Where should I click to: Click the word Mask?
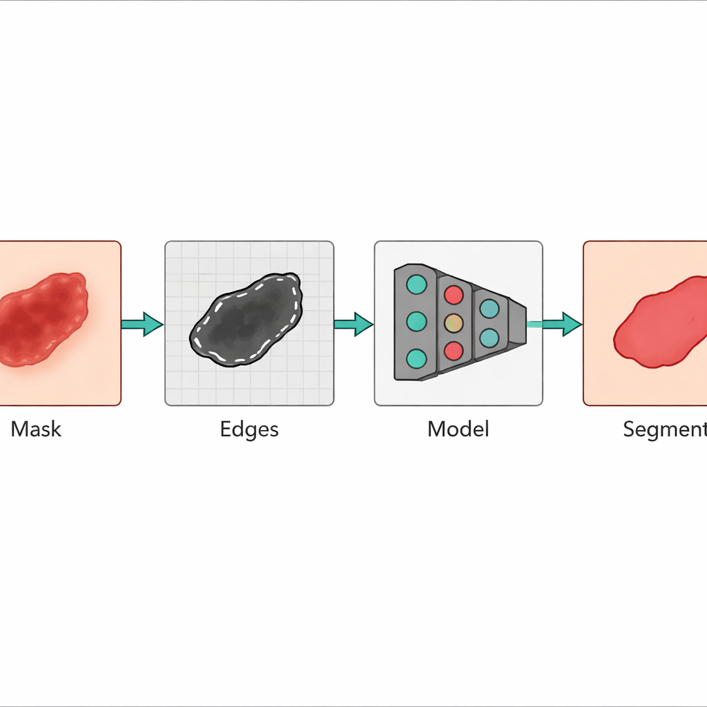point(36,429)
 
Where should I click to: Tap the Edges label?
point(249,429)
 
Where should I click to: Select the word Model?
point(458,429)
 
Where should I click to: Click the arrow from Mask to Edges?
point(143,323)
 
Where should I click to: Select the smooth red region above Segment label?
point(663,323)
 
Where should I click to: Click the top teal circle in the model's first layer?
point(416,284)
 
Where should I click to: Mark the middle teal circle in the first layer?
point(416,321)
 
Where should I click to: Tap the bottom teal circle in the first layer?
point(416,358)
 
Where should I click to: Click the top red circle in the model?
point(454,295)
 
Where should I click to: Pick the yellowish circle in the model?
point(454,322)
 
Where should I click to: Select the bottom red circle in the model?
point(454,350)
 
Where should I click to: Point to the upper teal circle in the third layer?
point(489,308)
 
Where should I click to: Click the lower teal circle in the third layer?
point(489,338)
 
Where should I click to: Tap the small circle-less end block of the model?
point(517,322)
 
